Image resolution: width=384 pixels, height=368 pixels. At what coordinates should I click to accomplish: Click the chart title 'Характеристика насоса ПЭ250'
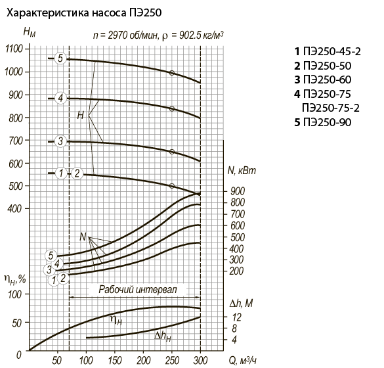pyautogui.click(x=84, y=13)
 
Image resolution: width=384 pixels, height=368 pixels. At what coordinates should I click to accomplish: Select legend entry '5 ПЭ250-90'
pyautogui.click(x=323, y=122)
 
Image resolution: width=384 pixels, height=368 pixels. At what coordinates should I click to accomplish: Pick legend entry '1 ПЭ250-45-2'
pyautogui.click(x=328, y=51)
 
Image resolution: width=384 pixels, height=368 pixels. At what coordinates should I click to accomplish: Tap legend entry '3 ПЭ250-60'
pyautogui.click(x=323, y=80)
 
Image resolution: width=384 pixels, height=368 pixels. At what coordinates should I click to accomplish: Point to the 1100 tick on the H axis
pyautogui.click(x=14, y=49)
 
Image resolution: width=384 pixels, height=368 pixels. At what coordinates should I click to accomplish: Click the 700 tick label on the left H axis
pyautogui.click(x=16, y=141)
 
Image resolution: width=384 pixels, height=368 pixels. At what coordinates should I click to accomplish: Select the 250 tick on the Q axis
pyautogui.click(x=172, y=360)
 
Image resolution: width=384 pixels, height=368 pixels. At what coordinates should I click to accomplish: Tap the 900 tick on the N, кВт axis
pyautogui.click(x=238, y=191)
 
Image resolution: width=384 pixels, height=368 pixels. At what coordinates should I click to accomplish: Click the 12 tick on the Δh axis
pyautogui.click(x=236, y=317)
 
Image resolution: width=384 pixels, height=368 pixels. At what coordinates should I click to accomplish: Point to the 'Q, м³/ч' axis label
pyautogui.click(x=243, y=360)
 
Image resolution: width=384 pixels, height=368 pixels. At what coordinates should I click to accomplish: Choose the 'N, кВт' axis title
pyautogui.click(x=242, y=170)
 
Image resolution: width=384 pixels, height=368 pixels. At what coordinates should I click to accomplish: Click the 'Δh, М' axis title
pyautogui.click(x=241, y=304)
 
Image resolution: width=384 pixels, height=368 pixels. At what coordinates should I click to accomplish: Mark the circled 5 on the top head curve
pyautogui.click(x=60, y=58)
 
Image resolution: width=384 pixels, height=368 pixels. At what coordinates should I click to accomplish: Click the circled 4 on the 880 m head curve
pyautogui.click(x=60, y=99)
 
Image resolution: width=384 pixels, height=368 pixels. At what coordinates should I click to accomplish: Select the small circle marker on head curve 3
pyautogui.click(x=172, y=152)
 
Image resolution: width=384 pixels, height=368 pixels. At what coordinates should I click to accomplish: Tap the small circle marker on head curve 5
pyautogui.click(x=172, y=73)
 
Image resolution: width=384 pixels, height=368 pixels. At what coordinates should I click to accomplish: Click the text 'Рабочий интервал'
pyautogui.click(x=137, y=290)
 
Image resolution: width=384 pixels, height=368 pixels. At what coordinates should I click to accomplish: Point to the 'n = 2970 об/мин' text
pyautogui.click(x=125, y=35)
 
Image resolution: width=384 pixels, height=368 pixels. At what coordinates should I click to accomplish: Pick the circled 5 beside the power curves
pyautogui.click(x=51, y=256)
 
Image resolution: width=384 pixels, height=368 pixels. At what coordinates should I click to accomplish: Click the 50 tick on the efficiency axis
pyautogui.click(x=17, y=323)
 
